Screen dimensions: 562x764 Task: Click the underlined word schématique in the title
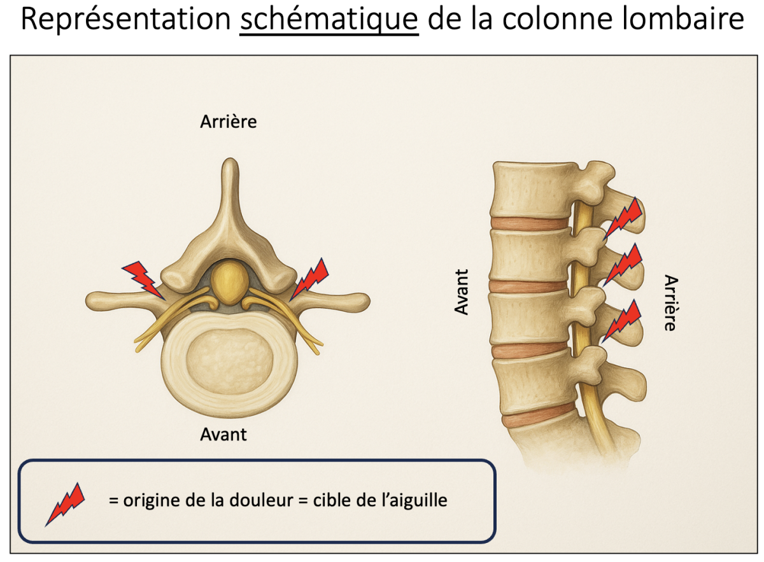(x=329, y=21)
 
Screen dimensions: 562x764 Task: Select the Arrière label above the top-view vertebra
(x=229, y=122)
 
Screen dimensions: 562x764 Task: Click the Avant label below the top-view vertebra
(x=223, y=435)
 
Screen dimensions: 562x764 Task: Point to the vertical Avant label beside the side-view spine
(x=462, y=292)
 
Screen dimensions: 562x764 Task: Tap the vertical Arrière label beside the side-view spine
(x=669, y=302)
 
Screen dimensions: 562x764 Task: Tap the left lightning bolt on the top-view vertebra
(x=143, y=279)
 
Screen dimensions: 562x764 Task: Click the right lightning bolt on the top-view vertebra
(x=309, y=278)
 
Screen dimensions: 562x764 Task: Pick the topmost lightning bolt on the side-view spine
(x=622, y=218)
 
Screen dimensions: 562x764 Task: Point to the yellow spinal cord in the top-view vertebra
(x=229, y=282)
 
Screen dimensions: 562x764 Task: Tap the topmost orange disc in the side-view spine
(x=529, y=224)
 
